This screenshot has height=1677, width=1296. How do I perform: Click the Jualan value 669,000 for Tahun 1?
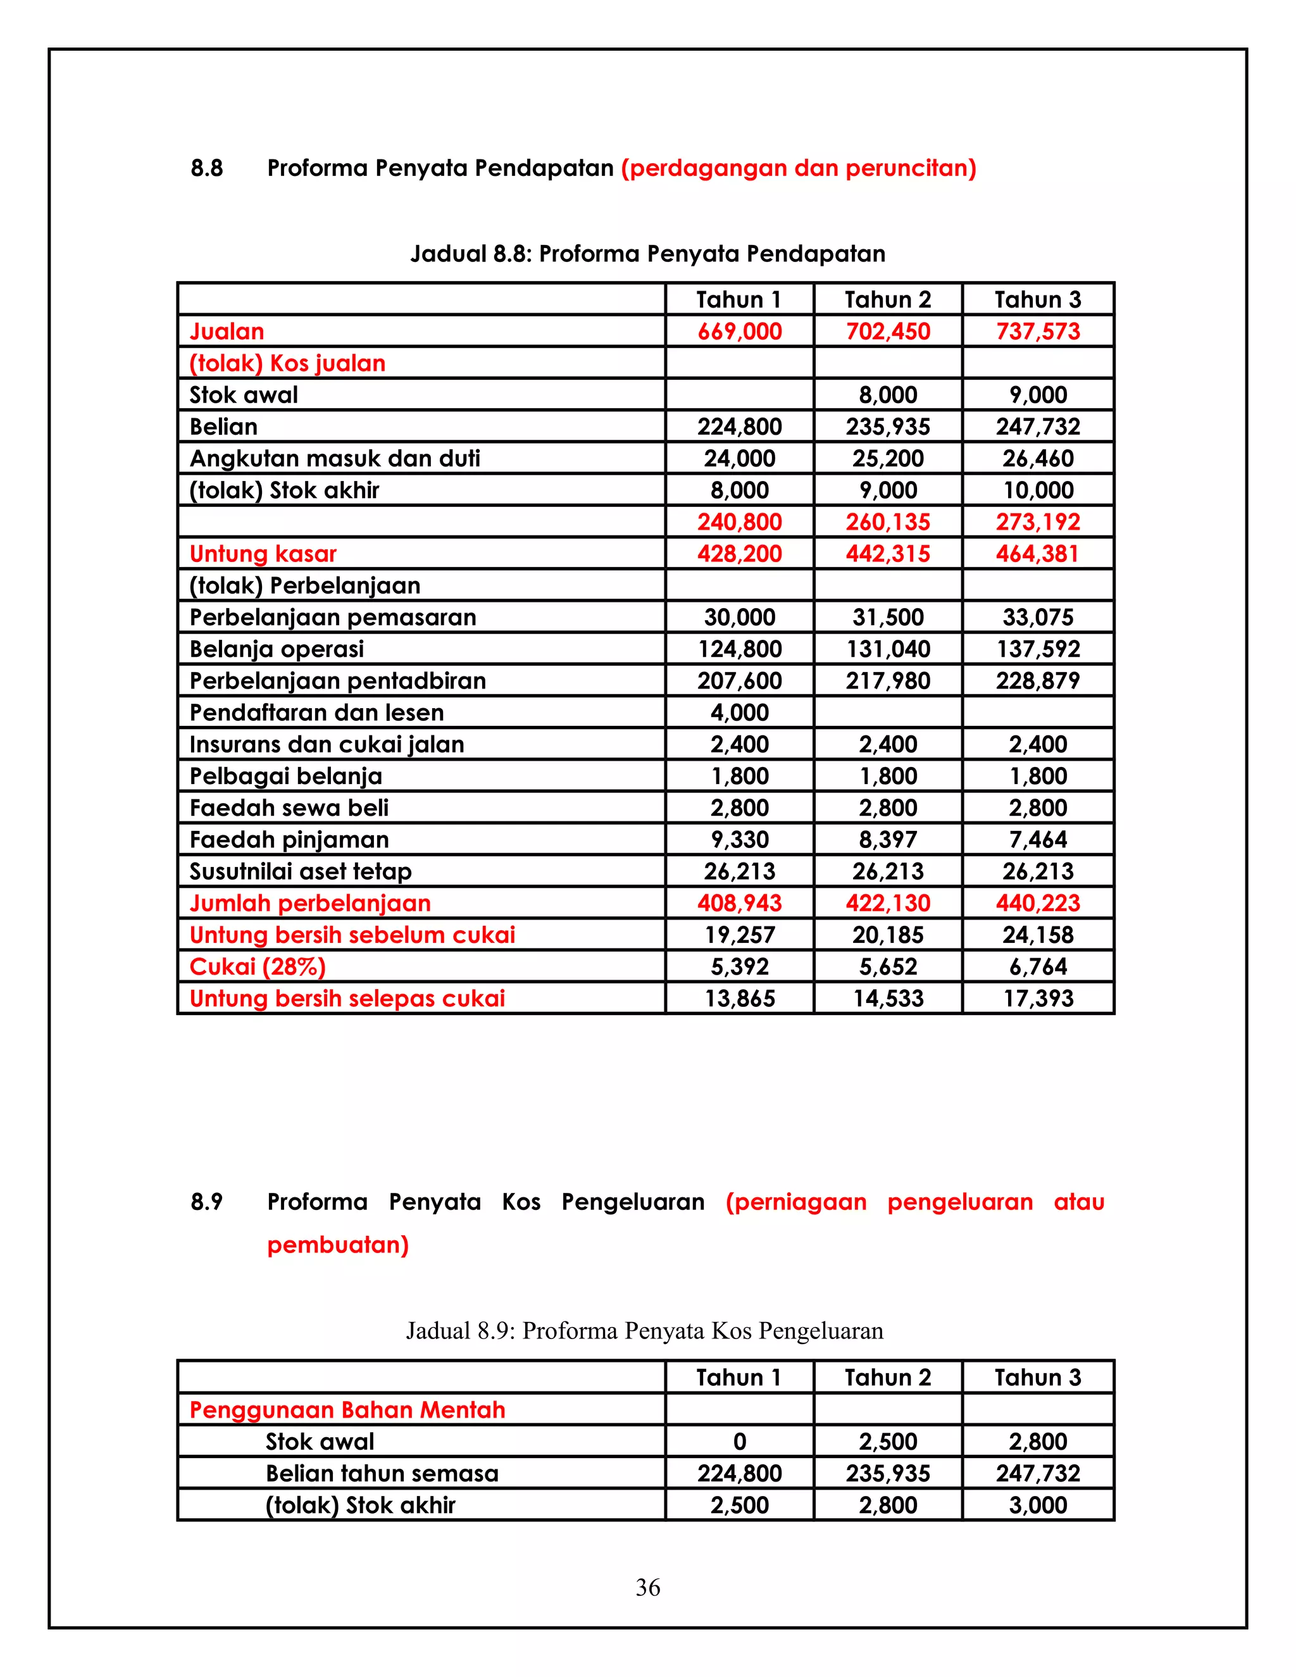point(738,332)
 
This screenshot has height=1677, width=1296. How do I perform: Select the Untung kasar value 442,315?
point(888,554)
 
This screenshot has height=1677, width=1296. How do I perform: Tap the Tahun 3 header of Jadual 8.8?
point(1037,299)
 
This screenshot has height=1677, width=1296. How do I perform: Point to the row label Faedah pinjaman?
point(289,840)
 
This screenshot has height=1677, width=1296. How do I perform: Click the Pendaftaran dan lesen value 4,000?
point(738,713)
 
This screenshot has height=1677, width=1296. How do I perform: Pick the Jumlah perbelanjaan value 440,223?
point(1037,903)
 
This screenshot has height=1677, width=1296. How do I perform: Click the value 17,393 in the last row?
point(1037,998)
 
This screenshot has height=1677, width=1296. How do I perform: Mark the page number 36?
point(647,1587)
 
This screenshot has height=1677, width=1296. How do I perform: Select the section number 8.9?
point(206,1202)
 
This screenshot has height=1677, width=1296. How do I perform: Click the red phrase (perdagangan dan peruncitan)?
point(799,168)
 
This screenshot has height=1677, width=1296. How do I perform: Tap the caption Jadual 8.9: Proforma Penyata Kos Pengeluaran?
point(644,1331)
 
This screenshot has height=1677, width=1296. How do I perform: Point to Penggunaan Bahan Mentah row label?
point(347,1410)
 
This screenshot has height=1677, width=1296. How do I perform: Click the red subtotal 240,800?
point(738,522)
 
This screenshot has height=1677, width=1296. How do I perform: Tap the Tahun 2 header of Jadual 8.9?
point(888,1378)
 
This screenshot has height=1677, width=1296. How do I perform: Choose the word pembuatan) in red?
point(338,1245)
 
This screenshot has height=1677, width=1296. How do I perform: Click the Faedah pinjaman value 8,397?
point(888,840)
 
